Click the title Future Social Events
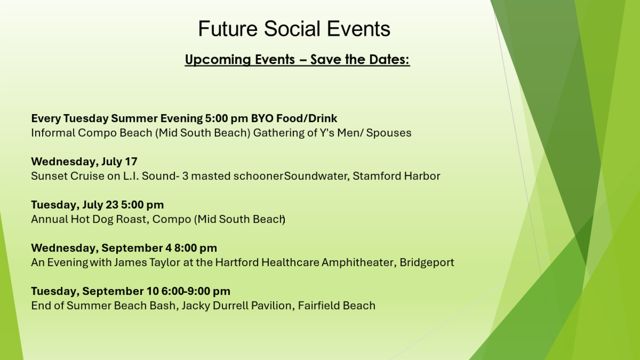tap(294, 29)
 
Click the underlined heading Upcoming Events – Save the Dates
tap(297, 60)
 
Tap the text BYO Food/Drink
tap(294, 118)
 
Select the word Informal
tap(53, 133)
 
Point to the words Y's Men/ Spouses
tap(366, 133)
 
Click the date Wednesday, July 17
tap(84, 162)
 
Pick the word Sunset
tap(49, 176)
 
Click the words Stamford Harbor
tap(396, 176)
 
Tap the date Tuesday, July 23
tap(75, 205)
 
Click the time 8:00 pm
tap(196, 248)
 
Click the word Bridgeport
tap(427, 262)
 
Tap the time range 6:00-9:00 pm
tap(196, 291)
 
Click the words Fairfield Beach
tap(337, 306)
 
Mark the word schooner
tap(258, 176)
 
